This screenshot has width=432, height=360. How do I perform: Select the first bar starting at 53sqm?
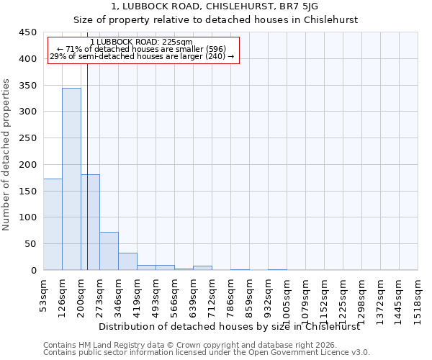[53, 224]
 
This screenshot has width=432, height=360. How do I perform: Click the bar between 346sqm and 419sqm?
[127, 261]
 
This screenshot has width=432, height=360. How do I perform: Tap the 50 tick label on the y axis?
[30, 244]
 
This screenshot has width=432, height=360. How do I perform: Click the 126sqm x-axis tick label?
[63, 295]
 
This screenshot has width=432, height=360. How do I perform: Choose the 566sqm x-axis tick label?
[175, 295]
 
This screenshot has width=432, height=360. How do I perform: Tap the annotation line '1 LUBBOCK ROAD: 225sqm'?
[141, 42]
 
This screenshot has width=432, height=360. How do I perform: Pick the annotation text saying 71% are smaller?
[141, 49]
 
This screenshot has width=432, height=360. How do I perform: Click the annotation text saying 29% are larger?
[141, 56]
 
